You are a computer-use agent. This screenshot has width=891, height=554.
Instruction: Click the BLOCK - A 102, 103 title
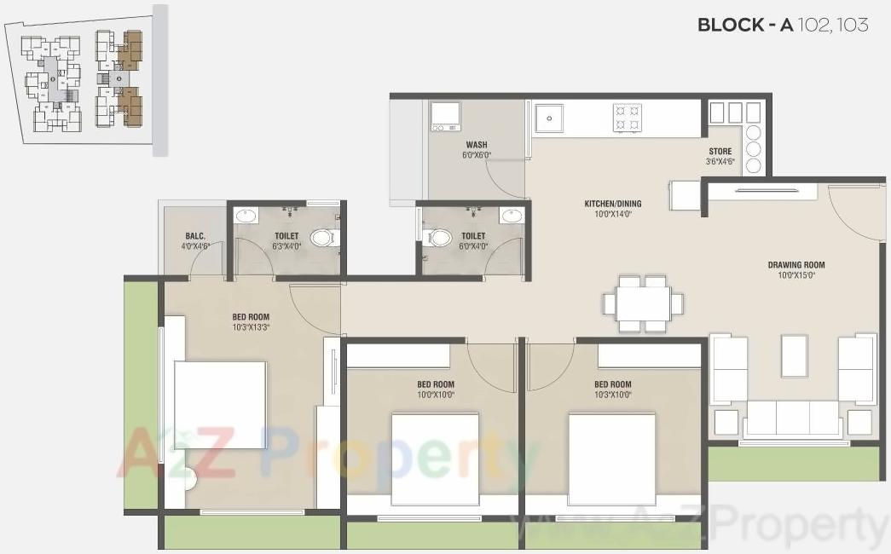[x=782, y=25]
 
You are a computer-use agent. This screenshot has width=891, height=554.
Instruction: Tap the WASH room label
[x=477, y=145]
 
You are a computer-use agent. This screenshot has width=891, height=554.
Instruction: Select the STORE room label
[x=720, y=152]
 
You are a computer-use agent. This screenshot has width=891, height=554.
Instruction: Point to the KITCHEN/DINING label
[x=612, y=204]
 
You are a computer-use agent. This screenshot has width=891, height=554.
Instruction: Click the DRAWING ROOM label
[x=796, y=265]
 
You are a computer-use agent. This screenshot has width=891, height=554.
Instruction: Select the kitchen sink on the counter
[x=549, y=118]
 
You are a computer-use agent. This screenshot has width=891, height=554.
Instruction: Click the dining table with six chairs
[x=644, y=303]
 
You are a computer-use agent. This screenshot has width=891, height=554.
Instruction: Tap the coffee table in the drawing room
[x=794, y=355]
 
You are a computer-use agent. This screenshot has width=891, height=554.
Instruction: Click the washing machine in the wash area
[x=445, y=116]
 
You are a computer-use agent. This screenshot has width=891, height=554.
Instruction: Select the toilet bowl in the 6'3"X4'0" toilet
[x=323, y=237]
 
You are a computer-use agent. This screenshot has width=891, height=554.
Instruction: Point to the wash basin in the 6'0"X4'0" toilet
[x=512, y=216]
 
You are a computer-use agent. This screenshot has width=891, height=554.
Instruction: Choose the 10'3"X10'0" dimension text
[x=612, y=395]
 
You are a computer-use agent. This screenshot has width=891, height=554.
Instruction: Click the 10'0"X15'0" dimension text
[x=796, y=275]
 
